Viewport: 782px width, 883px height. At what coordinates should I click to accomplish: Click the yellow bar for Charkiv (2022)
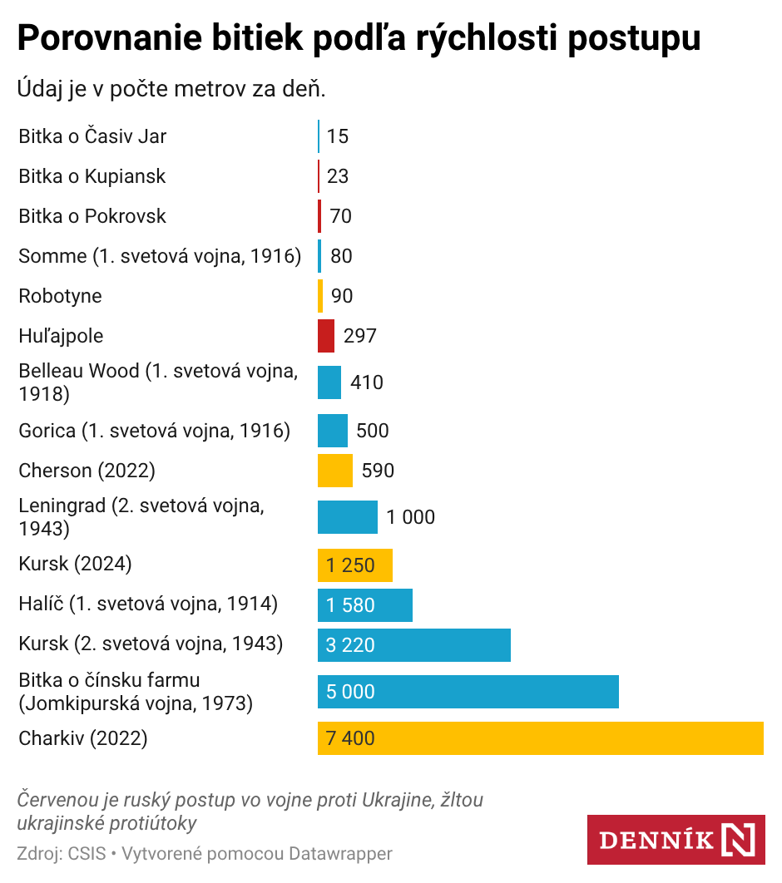point(541,738)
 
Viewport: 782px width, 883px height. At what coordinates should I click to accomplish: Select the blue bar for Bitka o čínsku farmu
point(468,692)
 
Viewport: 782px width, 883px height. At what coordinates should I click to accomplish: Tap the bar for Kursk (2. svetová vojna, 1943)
point(414,645)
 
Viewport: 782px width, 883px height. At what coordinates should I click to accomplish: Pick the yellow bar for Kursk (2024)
point(355,565)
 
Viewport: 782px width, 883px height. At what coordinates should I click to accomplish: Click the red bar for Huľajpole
point(326,336)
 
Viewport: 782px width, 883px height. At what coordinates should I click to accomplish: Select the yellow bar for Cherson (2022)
point(335,471)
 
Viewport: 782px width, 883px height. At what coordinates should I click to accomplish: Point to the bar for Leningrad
point(348,517)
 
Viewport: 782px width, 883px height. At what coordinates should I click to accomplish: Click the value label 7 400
point(350,738)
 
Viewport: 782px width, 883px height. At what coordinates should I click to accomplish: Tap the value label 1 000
point(410,517)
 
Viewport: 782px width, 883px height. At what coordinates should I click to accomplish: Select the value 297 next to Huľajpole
point(359,336)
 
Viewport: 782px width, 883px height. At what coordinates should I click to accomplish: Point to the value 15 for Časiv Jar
point(338,136)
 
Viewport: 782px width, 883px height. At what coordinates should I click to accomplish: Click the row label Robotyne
point(60,296)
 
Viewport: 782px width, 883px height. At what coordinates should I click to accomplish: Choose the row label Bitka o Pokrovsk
point(92,216)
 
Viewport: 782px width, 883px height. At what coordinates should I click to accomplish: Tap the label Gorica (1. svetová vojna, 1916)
point(154,431)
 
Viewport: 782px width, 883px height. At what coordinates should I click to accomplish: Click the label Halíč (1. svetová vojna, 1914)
point(148,604)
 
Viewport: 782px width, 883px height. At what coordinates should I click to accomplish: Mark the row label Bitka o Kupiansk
point(92,176)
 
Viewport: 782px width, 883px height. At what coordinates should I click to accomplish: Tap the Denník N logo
point(676,840)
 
